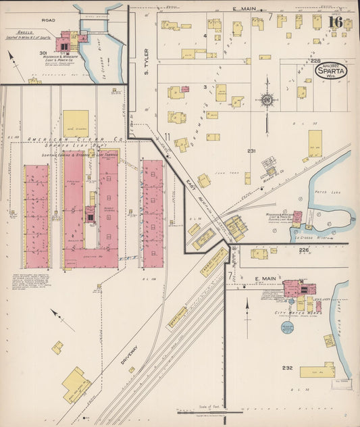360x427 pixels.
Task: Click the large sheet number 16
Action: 335,22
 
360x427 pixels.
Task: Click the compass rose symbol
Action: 267,101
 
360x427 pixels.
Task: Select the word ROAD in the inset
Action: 48,20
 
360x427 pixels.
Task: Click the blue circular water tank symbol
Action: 287,328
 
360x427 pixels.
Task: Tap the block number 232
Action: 288,368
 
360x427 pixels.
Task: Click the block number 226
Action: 303,249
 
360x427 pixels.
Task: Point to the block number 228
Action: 315,61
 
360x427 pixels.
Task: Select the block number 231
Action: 252,151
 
